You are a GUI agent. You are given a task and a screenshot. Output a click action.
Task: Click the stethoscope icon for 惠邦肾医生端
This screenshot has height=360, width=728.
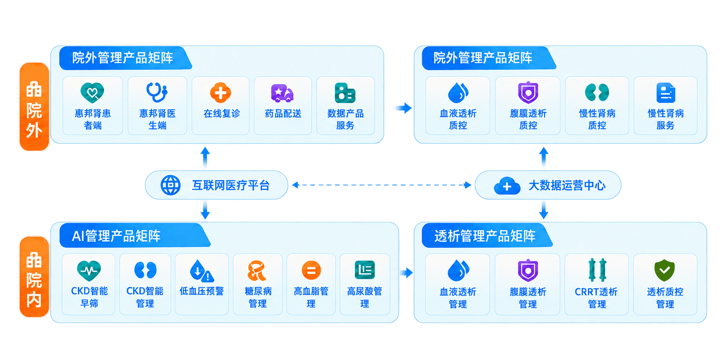pos(157,92)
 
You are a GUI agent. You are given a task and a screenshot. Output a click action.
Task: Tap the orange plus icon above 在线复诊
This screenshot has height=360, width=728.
pos(220,93)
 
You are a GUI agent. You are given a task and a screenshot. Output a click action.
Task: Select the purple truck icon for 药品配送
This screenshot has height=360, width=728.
pos(282,93)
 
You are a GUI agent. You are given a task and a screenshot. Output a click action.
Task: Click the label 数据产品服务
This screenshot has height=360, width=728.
pos(345,119)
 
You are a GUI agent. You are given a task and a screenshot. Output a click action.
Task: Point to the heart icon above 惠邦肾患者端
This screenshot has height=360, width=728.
pos(92,93)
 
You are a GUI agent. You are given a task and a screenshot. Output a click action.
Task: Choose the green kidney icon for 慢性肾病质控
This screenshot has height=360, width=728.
pos(597,93)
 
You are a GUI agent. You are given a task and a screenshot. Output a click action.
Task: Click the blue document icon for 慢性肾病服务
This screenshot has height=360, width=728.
pos(666,93)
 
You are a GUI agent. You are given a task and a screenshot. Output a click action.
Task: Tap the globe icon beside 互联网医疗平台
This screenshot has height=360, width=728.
pos(171,185)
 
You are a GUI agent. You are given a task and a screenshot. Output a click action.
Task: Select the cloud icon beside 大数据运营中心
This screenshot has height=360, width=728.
pos(507,186)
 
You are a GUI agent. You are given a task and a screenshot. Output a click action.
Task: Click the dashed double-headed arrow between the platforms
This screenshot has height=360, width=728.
pos(382,185)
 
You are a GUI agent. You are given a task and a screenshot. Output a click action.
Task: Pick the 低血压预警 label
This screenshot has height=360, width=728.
pos(202,291)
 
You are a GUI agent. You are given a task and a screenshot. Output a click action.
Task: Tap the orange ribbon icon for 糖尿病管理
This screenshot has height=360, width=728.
pos(257,271)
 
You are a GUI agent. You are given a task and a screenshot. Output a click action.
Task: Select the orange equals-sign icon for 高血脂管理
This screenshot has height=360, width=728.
pos(311,270)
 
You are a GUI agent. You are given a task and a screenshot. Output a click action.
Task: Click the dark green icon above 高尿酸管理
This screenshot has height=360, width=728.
pos(364,270)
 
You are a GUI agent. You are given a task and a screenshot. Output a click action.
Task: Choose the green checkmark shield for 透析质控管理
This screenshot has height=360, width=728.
pos(665,270)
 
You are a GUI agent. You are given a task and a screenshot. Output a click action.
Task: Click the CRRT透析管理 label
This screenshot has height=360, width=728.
pos(596,298)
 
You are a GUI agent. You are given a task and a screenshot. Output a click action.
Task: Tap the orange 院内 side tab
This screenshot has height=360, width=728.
pos(34,277)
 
